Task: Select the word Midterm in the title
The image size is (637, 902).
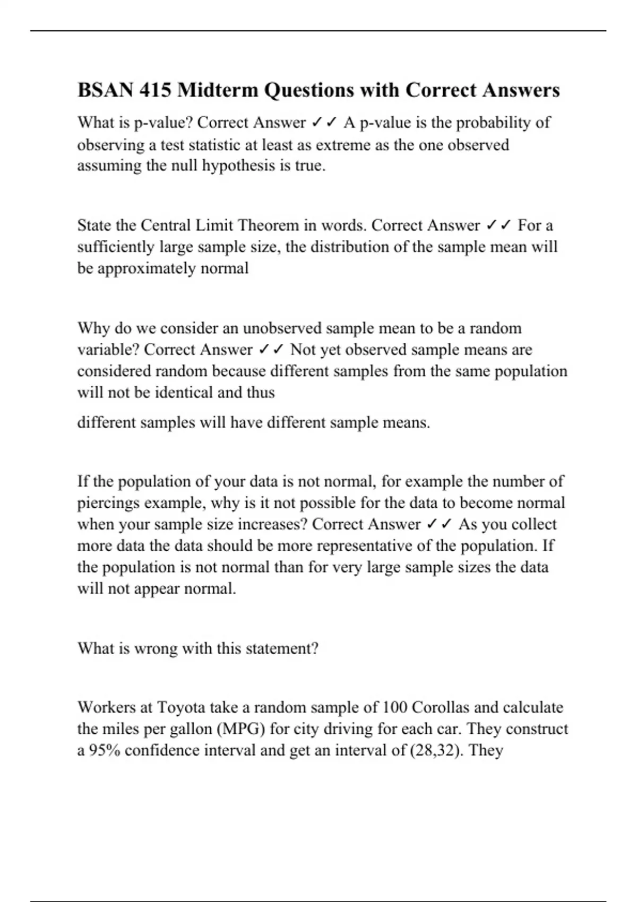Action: coord(218,90)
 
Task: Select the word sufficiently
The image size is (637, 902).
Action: coord(116,247)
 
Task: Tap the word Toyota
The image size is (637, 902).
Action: coord(180,708)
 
